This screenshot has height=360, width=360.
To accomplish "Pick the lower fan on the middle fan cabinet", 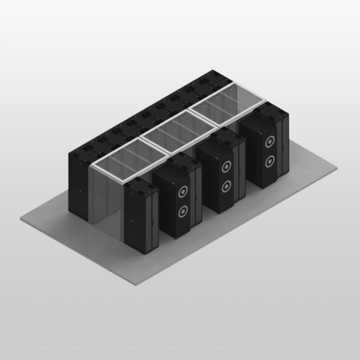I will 227,186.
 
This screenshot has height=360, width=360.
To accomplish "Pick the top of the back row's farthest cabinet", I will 216,76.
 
